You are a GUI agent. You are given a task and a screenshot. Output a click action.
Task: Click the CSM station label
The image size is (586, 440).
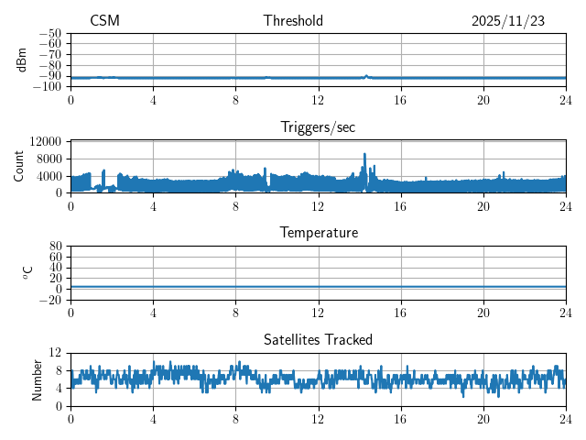[x=104, y=21]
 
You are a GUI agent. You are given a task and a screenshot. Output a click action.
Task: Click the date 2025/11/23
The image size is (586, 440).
[x=508, y=21]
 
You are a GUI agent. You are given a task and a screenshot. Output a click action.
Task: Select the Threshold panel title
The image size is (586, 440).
[x=293, y=21]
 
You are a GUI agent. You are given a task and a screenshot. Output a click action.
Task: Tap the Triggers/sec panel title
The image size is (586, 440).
[x=318, y=127]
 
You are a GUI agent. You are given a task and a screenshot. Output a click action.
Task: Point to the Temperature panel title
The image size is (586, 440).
[x=318, y=234]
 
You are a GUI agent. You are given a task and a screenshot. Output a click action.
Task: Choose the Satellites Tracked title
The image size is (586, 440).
[x=318, y=340]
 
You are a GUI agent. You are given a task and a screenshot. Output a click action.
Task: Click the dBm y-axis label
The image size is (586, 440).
[x=21, y=60]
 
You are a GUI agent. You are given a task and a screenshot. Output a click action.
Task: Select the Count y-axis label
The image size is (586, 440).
[x=19, y=166]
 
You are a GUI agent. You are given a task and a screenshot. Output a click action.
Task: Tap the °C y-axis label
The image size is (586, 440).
[x=27, y=272]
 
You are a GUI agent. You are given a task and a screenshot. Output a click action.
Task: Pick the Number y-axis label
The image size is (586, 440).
[x=38, y=379]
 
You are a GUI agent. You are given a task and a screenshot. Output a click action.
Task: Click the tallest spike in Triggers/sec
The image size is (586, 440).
[x=364, y=154]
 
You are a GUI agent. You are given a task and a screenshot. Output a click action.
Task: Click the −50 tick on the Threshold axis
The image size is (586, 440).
[x=49, y=34]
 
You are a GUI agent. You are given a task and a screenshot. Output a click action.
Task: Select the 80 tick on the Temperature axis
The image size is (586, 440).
[x=55, y=247]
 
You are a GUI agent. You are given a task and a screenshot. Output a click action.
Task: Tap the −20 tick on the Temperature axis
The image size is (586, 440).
[x=49, y=300]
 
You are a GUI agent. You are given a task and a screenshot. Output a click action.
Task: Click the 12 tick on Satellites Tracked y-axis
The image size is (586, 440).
[x=55, y=353]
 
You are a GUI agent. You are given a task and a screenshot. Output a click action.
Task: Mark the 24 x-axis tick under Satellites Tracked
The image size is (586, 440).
[x=565, y=419]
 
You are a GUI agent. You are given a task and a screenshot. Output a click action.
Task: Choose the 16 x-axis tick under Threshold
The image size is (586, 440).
[x=400, y=100]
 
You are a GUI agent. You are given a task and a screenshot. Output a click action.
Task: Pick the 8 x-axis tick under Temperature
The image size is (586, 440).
[x=235, y=313]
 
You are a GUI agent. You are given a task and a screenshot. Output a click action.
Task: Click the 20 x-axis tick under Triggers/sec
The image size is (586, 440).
[x=483, y=206]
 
